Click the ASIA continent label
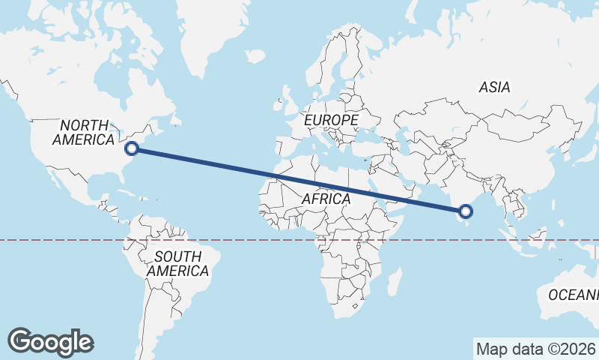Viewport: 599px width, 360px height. pyautogui.click(x=494, y=88)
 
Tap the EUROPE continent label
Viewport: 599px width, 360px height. pyautogui.click(x=330, y=120)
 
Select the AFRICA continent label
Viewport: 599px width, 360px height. pyautogui.click(x=326, y=199)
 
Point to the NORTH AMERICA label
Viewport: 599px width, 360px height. pyautogui.click(x=84, y=133)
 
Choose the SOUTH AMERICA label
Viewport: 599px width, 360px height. pyautogui.click(x=177, y=264)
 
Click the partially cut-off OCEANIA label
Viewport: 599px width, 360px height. pyautogui.click(x=574, y=295)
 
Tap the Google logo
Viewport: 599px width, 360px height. pyautogui.click(x=51, y=342)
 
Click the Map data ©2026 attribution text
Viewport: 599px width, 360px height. pyautogui.click(x=535, y=349)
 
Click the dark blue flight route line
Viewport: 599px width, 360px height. pyautogui.click(x=299, y=180)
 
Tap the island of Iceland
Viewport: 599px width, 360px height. pyautogui.click(x=255, y=56)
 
